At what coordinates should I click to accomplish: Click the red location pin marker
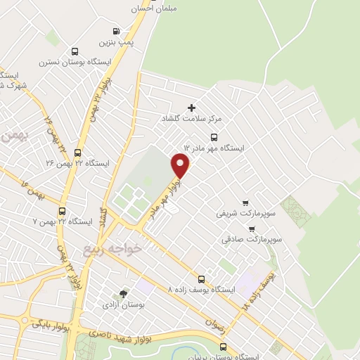point(181,166)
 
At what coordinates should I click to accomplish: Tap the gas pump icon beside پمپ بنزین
point(116,31)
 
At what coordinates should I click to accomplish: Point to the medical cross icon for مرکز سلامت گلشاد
point(191,108)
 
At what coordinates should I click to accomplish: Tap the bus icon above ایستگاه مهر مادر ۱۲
point(214,137)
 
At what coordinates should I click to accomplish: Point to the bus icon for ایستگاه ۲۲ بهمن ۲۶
point(77,152)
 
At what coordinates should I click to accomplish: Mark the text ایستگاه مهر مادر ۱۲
point(213,148)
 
